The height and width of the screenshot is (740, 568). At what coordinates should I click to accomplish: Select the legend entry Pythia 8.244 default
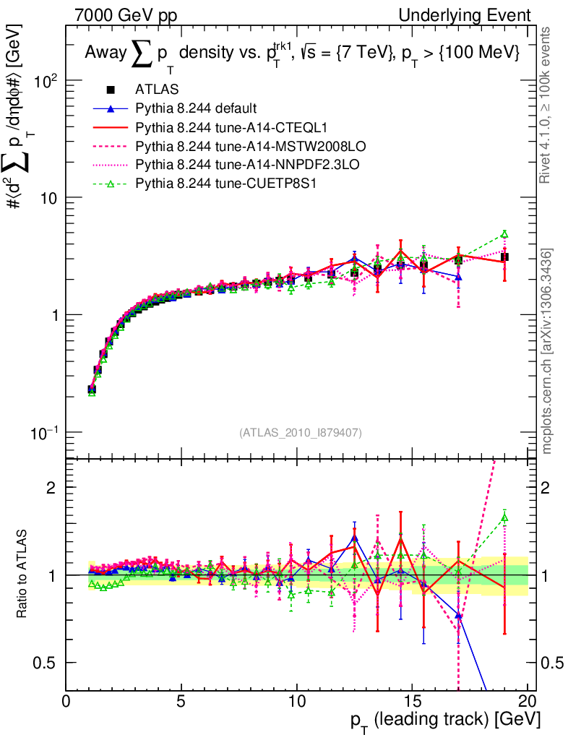[x=195, y=109]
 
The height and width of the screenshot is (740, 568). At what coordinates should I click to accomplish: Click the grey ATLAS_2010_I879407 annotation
[x=301, y=433]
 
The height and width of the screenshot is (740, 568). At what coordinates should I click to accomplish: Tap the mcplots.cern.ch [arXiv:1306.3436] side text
[x=547, y=352]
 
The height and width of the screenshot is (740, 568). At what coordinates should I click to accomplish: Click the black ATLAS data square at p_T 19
[x=504, y=257]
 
